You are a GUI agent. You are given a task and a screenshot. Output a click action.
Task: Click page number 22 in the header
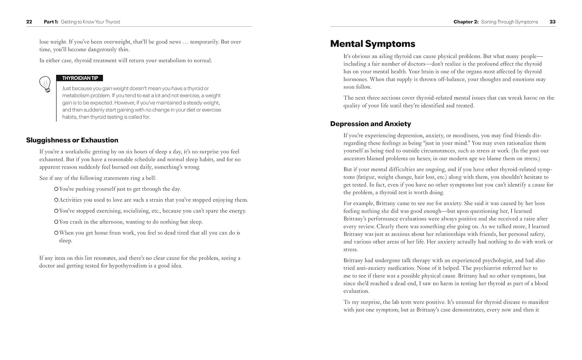tap(29, 22)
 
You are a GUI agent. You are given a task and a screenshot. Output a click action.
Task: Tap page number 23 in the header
tap(553, 22)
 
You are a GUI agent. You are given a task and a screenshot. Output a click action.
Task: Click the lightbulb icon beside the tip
tap(45, 84)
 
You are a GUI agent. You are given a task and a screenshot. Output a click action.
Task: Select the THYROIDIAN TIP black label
tap(80, 78)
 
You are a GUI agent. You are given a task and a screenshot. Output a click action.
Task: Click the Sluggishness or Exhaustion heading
tap(72, 140)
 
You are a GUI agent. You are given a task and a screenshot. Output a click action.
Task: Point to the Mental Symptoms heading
tap(372, 44)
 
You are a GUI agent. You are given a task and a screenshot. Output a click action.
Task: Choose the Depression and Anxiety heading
tap(371, 124)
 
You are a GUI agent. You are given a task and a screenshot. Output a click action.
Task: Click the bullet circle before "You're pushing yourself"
tap(56, 189)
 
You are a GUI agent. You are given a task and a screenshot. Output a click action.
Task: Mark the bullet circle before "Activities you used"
tap(56, 200)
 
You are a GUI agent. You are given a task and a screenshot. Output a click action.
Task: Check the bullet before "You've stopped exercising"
tap(56, 211)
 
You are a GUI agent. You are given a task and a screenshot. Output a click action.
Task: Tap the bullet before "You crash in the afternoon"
tap(56, 222)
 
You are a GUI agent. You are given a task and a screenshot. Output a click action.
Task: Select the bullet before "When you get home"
tap(56, 233)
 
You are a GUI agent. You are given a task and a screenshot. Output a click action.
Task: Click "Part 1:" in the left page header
tap(51, 22)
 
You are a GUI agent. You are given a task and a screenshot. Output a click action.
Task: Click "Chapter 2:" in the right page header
tap(466, 22)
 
